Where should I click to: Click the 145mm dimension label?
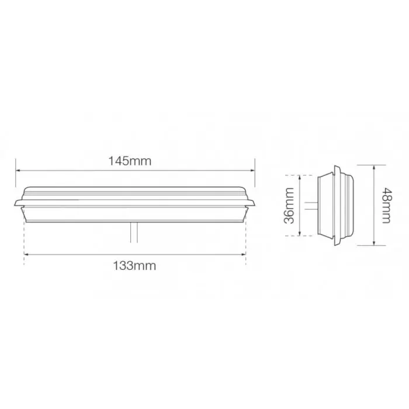134,162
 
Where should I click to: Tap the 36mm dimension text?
287,205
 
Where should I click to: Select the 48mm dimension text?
384,205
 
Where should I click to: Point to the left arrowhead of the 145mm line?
18,171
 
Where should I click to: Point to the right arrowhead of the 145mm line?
252,171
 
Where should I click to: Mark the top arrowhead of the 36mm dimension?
300,176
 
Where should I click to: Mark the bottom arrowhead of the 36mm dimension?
300,234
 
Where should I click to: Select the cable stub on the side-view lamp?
310,205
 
